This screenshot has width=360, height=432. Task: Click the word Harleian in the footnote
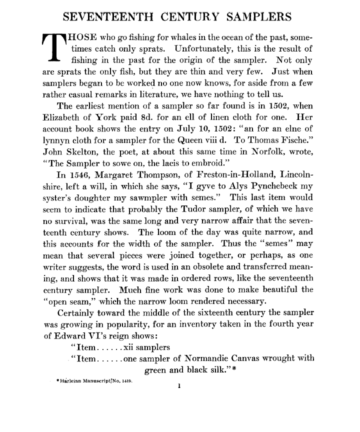pyautogui.click(x=72, y=383)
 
